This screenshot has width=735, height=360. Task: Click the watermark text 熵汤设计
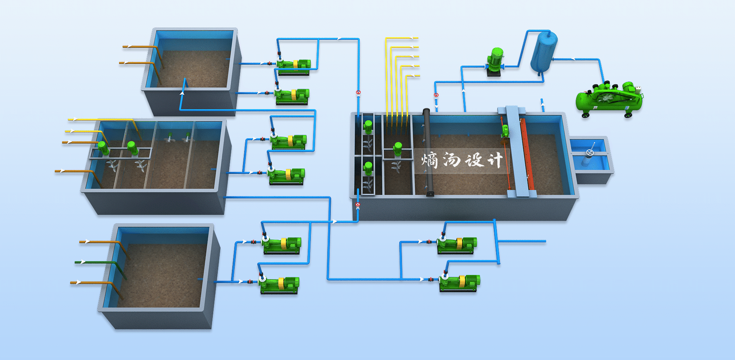point(462,160)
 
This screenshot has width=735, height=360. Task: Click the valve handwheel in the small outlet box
point(590,152)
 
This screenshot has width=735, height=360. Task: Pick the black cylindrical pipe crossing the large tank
point(428,152)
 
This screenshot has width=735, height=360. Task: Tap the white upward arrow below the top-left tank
point(183,93)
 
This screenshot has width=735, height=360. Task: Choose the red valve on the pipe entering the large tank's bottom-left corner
point(358,205)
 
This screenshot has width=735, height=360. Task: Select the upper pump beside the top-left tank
point(293,65)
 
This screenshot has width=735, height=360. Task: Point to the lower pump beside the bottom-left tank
point(279,284)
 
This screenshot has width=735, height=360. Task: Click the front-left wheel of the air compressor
point(586,115)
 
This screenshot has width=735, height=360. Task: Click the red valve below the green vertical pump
point(436,95)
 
